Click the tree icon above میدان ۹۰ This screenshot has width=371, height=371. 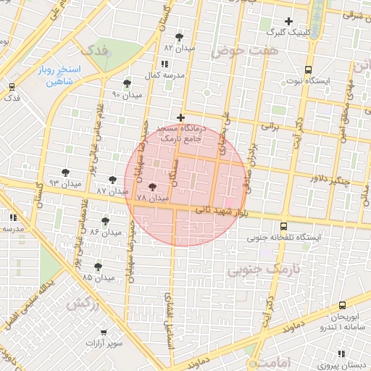point(128,84)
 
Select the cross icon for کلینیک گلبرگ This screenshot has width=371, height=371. point(289,21)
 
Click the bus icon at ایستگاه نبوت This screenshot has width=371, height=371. point(309,70)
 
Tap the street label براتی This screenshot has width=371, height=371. point(270,126)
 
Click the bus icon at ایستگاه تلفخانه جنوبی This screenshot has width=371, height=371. point(283,226)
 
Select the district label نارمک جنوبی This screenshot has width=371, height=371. point(258,271)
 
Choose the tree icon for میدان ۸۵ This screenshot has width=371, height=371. point(99,267)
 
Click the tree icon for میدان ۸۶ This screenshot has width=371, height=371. point(106,221)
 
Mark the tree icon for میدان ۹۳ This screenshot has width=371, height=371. point(66,172)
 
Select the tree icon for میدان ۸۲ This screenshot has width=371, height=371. point(180,36)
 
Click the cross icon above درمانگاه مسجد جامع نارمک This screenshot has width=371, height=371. point(181,117)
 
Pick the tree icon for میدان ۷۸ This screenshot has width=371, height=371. point(151,187)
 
